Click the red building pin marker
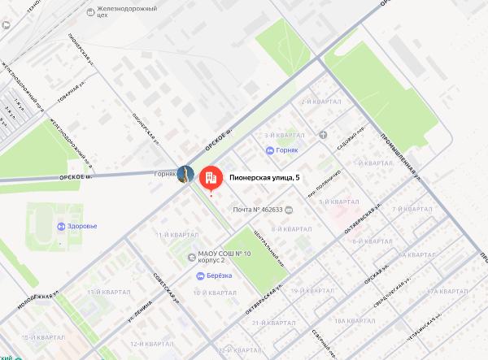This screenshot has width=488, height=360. pos(210,177)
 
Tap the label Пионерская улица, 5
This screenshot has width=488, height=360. pos(265,177)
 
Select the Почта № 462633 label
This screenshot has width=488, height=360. pos(258,210)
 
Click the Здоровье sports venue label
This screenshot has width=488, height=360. pos(82,226)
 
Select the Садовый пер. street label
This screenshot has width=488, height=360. pos(350,136)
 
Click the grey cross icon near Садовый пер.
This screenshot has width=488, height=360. pos(324,135)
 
